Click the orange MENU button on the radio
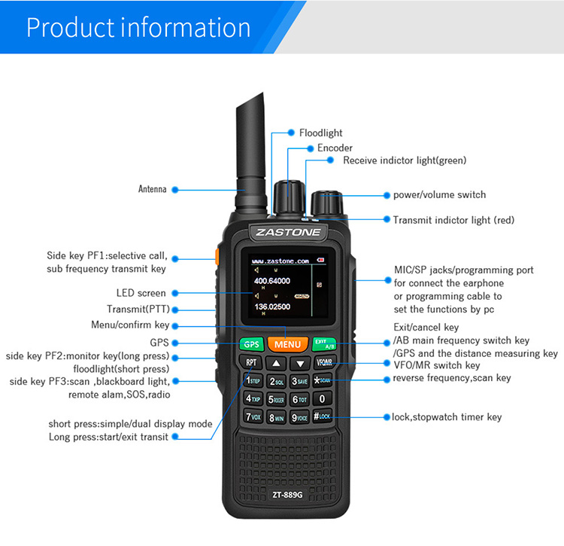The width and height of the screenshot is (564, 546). click(x=287, y=344)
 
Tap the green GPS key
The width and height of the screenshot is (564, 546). click(x=250, y=344)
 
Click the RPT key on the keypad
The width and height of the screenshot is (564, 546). click(x=251, y=363)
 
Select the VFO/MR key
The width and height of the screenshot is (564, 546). click(x=324, y=363)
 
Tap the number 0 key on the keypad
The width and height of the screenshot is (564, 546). click(x=322, y=399)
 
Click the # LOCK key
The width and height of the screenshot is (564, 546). click(x=322, y=416)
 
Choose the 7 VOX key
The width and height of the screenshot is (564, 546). click(x=253, y=416)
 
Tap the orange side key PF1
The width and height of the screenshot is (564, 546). click(x=217, y=257)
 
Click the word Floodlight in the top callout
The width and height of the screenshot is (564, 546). click(x=321, y=133)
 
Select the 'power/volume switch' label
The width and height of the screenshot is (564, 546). click(x=439, y=195)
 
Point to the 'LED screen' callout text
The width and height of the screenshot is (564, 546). click(x=141, y=293)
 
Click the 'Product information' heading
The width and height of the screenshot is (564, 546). click(x=138, y=27)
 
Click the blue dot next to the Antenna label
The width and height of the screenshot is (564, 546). click(x=174, y=190)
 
